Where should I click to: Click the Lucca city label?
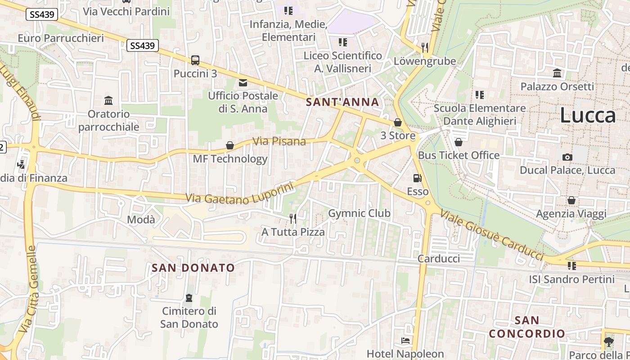point(588,116)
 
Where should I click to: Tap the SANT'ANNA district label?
point(342,102)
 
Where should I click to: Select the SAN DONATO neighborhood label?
point(193,268)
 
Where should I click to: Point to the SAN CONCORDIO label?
point(527,327)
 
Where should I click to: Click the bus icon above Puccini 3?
point(195,60)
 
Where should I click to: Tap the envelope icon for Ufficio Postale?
point(243,82)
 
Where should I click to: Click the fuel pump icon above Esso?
point(418,178)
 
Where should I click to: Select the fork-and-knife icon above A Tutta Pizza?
point(293,219)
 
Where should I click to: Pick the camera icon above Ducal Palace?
point(567,157)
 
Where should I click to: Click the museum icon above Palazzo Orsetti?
point(557,73)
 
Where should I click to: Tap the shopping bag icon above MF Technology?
point(230,145)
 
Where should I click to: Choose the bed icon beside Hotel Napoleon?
point(405,341)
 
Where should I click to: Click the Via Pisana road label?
point(279,141)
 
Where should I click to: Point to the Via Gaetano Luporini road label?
point(239,194)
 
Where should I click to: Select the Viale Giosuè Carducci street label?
point(492,235)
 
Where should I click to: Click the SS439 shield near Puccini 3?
point(143,45)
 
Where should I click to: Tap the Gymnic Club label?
point(359,213)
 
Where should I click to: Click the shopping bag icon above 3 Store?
point(397,122)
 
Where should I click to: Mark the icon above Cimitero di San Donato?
point(189,298)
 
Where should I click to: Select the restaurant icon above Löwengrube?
point(424,47)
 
